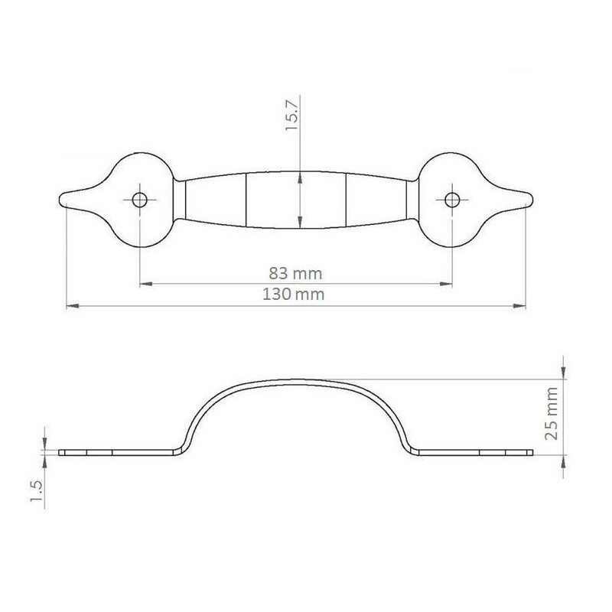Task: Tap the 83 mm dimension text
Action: pyautogui.click(x=295, y=274)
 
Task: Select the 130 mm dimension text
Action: pyautogui.click(x=293, y=295)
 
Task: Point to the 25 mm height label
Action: pyautogui.click(x=551, y=414)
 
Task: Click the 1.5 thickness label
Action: pyautogui.click(x=36, y=491)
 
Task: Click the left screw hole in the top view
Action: pyautogui.click(x=139, y=200)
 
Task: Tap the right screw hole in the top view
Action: pyautogui.click(x=451, y=200)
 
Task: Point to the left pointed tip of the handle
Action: pyautogui.click(x=60, y=198)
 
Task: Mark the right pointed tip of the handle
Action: pyautogui.click(x=532, y=199)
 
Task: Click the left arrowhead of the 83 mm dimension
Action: pyautogui.click(x=145, y=284)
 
